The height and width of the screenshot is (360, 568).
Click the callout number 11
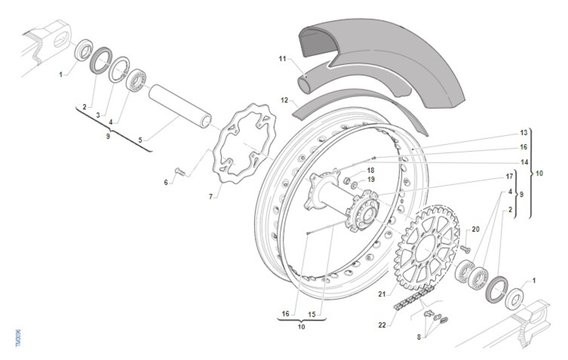(x=282, y=59)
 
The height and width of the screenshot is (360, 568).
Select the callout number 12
(x=284, y=100)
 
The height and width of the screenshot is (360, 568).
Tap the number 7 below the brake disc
(x=211, y=197)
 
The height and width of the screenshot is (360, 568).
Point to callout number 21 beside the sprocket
(x=382, y=294)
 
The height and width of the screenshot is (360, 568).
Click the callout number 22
(x=382, y=325)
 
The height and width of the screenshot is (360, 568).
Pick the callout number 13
(x=524, y=133)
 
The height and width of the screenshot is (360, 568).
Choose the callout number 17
(x=509, y=176)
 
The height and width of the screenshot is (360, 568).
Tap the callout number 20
(x=475, y=229)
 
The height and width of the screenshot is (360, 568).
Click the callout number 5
(x=140, y=140)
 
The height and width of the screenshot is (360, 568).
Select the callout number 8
(x=419, y=337)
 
